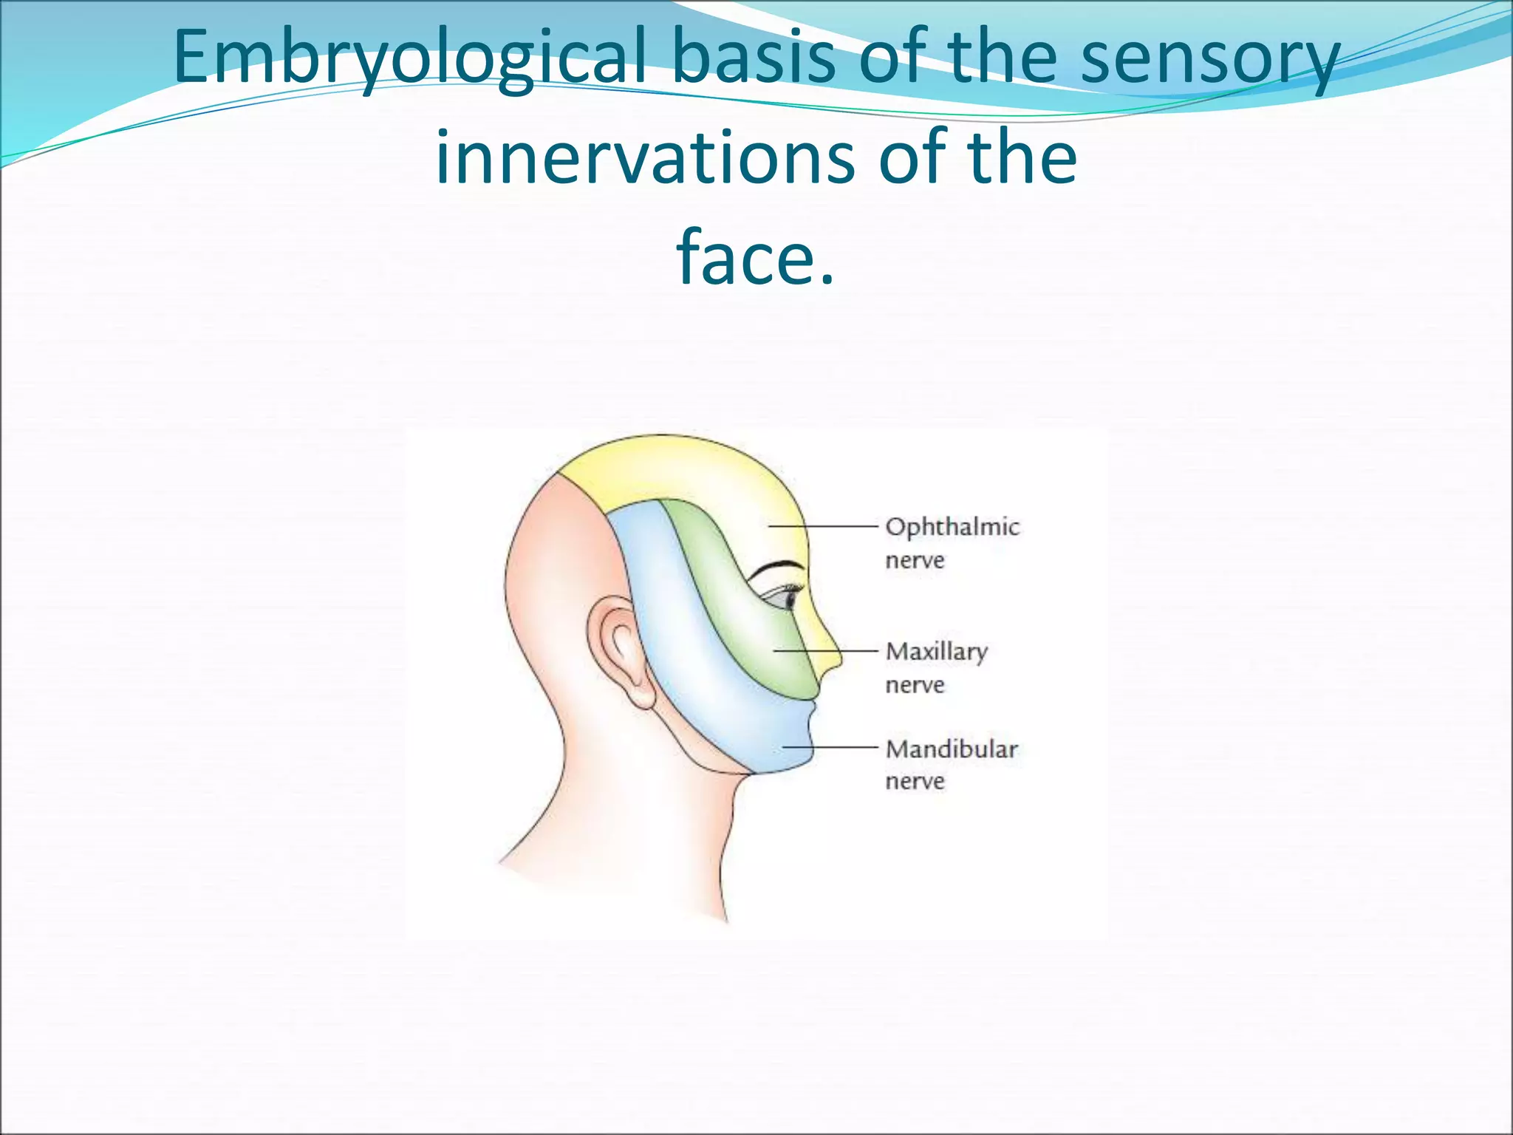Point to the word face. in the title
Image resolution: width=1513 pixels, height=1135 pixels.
click(756, 256)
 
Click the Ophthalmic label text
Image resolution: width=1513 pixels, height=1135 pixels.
click(952, 527)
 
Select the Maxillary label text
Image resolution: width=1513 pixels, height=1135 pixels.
click(936, 651)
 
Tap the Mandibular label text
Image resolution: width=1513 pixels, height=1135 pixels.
click(952, 749)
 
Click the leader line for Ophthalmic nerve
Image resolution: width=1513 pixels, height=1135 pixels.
click(824, 526)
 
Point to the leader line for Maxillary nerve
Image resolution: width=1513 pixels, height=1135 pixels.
click(827, 651)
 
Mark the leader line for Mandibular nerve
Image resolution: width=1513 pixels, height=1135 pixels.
click(831, 747)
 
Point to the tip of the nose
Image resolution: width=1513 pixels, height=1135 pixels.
click(839, 657)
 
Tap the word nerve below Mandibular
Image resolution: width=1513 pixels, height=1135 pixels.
click(915, 781)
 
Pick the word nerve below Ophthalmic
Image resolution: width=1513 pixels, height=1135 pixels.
click(915, 560)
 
